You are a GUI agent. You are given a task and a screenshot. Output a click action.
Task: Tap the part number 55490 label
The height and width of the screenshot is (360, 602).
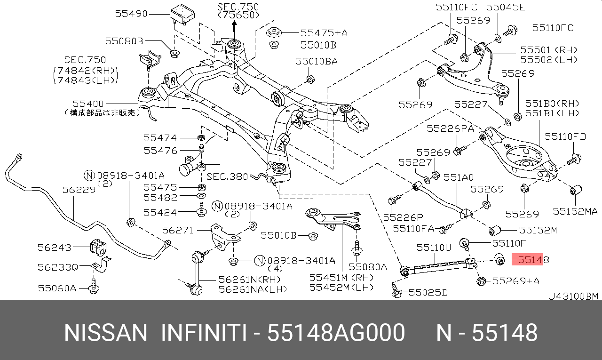(x=131, y=14)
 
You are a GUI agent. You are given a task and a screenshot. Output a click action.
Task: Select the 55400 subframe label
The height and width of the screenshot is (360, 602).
(x=88, y=104)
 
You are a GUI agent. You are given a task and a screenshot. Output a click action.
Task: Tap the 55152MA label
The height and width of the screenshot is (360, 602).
(x=575, y=212)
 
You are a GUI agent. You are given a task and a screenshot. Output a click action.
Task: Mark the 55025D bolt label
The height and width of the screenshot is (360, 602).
(x=428, y=293)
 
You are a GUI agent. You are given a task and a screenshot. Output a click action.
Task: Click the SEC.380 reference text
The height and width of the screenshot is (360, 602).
(x=227, y=176)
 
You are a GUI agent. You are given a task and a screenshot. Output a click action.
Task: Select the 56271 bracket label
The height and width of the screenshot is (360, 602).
(x=178, y=230)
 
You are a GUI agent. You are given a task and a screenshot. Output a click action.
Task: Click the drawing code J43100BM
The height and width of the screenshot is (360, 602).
(x=574, y=296)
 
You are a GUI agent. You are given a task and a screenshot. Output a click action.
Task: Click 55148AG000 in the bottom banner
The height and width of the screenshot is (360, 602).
(x=336, y=333)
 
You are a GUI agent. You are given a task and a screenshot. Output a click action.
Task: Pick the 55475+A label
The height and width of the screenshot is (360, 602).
(x=324, y=32)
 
